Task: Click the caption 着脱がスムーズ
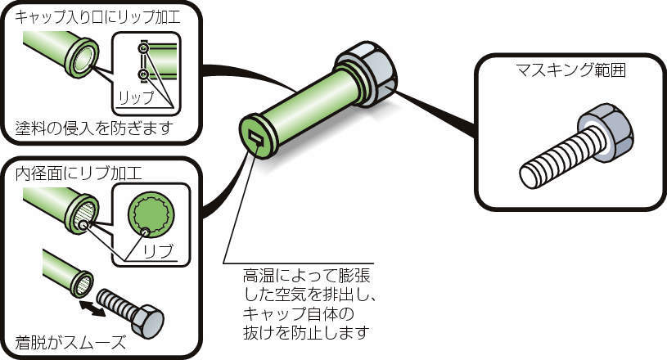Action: point(70,342)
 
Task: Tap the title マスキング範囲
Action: point(571,70)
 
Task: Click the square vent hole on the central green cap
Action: point(255,137)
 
